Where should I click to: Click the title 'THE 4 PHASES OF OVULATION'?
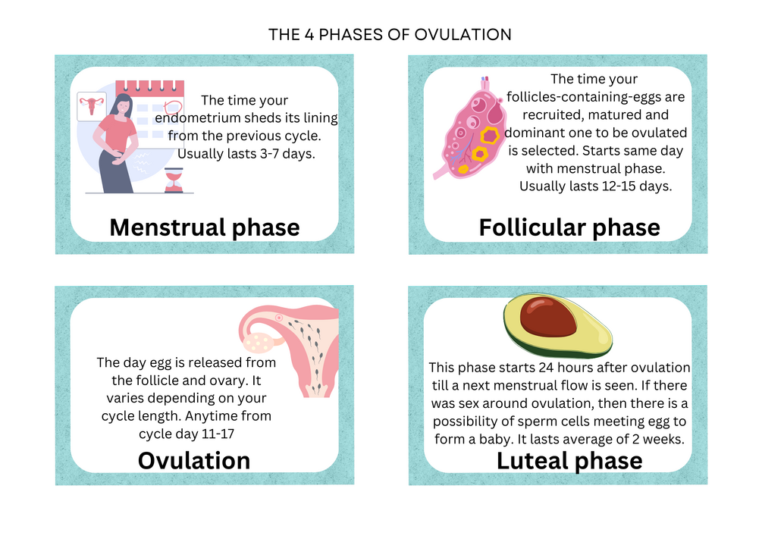click(x=390, y=35)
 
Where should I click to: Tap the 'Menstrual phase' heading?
click(x=205, y=227)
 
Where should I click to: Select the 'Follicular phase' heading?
click(x=569, y=227)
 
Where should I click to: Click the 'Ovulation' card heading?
click(x=194, y=460)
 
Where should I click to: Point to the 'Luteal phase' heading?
click(x=569, y=461)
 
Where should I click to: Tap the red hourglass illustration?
click(x=174, y=180)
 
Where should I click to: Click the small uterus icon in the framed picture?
click(x=92, y=105)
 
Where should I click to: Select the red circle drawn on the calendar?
click(x=173, y=107)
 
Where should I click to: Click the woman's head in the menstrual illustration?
click(x=122, y=104)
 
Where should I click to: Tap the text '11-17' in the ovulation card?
click(x=218, y=434)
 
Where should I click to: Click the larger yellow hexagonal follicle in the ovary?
click(x=489, y=136)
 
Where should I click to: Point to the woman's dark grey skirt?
click(x=116, y=173)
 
